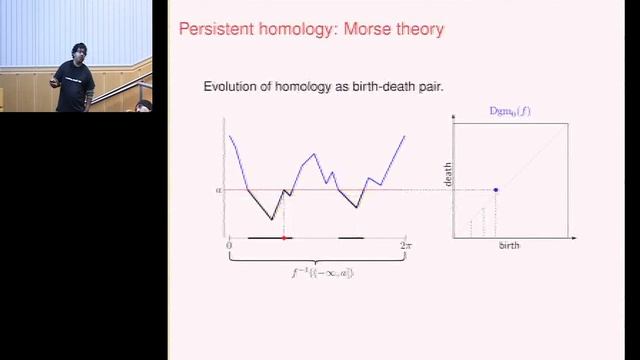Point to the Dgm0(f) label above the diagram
510,110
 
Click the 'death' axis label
447,175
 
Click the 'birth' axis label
509,245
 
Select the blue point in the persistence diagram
497,189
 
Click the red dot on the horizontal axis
284,238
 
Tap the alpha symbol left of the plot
218,189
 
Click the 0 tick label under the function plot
229,245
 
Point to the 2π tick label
405,245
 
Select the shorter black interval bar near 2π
351,238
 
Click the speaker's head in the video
79,52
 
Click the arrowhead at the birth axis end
577,237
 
